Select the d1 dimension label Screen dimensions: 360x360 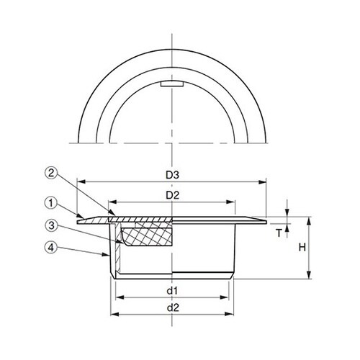(x=173, y=290)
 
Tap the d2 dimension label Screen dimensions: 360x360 (x=173, y=307)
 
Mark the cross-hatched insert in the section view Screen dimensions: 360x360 (x=148, y=236)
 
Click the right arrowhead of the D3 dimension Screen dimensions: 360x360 (x=264, y=182)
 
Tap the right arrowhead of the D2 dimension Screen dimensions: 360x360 (x=237, y=202)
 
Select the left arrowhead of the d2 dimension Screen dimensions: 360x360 (x=111, y=313)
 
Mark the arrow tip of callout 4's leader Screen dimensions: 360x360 (x=109, y=256)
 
